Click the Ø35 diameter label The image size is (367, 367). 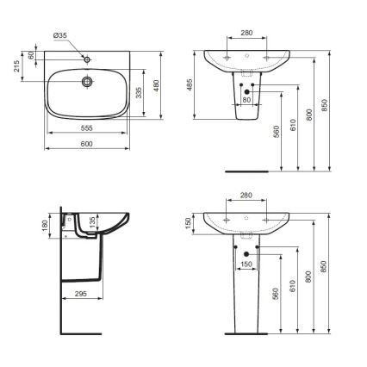click(59, 35)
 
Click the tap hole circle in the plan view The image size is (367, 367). click(87, 59)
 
